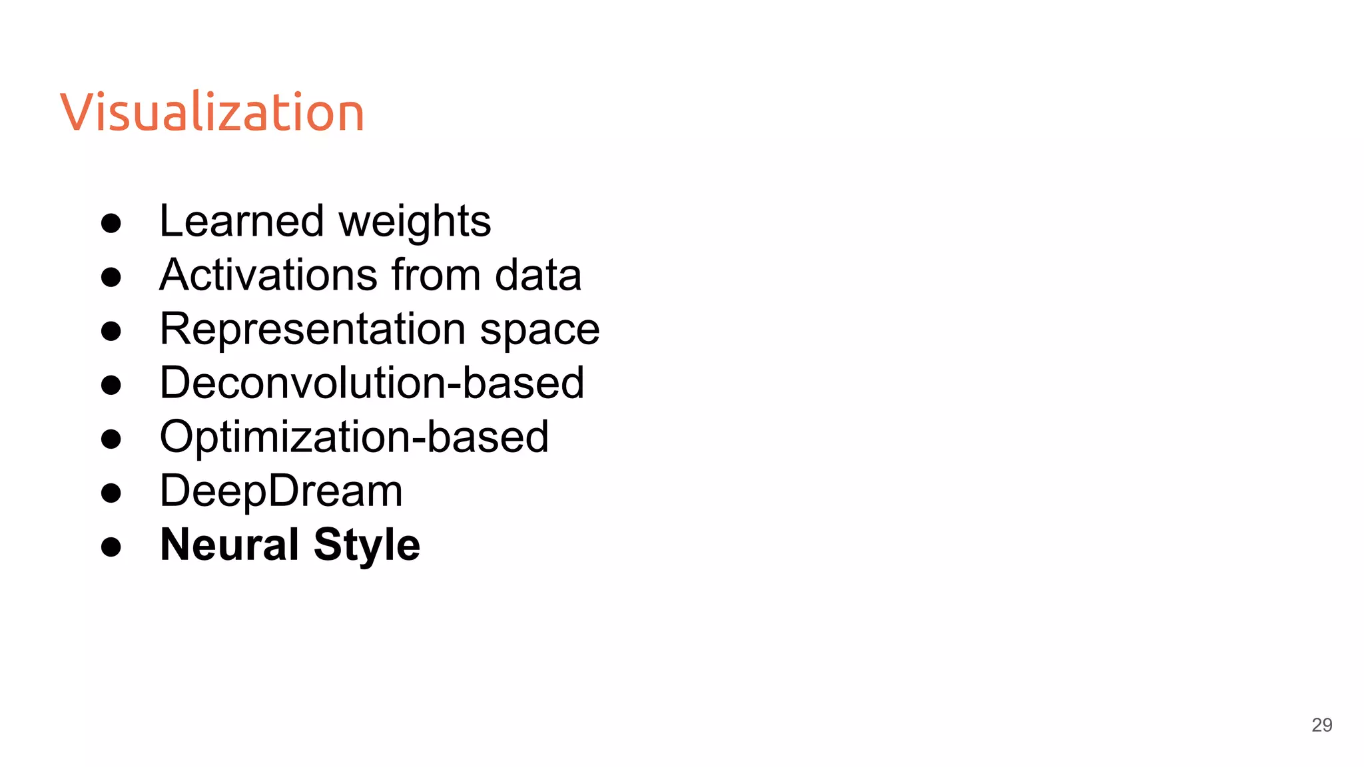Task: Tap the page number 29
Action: pyautogui.click(x=1321, y=725)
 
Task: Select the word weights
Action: pyautogui.click(x=415, y=222)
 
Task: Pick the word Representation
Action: pyautogui.click(x=312, y=330)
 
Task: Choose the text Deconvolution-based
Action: pyautogui.click(x=372, y=383)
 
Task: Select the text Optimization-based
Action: pyautogui.click(x=354, y=437)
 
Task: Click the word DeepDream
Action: pyautogui.click(x=281, y=491)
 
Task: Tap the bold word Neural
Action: pyautogui.click(x=229, y=545)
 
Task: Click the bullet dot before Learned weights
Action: pyautogui.click(x=111, y=223)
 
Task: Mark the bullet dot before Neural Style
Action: pyautogui.click(x=111, y=547)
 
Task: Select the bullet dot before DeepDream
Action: pyautogui.click(x=111, y=493)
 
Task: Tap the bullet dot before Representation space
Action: pyautogui.click(x=111, y=331)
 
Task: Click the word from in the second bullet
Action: pyautogui.click(x=436, y=275)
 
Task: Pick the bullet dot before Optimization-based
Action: pyautogui.click(x=111, y=439)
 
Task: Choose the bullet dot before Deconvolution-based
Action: pyautogui.click(x=111, y=385)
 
